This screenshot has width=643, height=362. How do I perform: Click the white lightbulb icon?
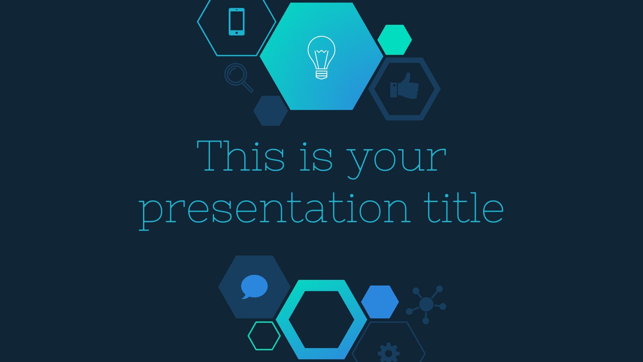pyautogui.click(x=321, y=57)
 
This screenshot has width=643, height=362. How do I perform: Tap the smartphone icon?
pyautogui.click(x=236, y=21)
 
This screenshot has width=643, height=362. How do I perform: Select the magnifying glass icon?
pyautogui.click(x=238, y=77)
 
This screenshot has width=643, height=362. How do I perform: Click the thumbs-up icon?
pyautogui.click(x=404, y=86)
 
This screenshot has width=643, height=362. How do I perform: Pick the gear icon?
pyautogui.click(x=388, y=353)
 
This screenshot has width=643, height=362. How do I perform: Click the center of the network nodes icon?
pyautogui.click(x=426, y=304)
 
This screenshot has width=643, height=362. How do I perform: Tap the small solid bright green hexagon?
pyautogui.click(x=395, y=40)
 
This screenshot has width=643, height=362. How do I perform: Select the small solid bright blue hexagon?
pyautogui.click(x=380, y=302)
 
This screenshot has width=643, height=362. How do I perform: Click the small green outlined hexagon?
pyautogui.click(x=264, y=336)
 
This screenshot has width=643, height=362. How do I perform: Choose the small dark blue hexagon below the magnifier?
pyautogui.click(x=271, y=111)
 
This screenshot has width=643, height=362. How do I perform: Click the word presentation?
pyautogui.click(x=275, y=209)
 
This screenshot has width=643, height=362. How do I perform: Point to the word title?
pyautogui.click(x=464, y=207)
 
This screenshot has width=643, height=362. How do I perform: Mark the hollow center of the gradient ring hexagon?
pyautogui.click(x=321, y=319)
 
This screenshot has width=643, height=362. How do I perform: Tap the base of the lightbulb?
pyautogui.click(x=321, y=74)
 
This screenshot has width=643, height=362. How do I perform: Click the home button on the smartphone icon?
pyautogui.click(x=237, y=33)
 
